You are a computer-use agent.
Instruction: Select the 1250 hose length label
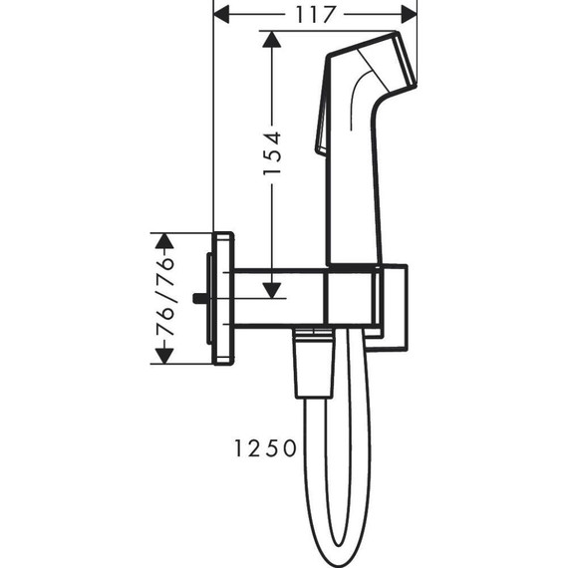[x=265, y=448]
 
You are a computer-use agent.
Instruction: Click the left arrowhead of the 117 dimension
[x=222, y=14]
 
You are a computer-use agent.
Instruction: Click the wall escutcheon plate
[x=223, y=298]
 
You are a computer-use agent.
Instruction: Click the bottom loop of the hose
[x=339, y=543]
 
